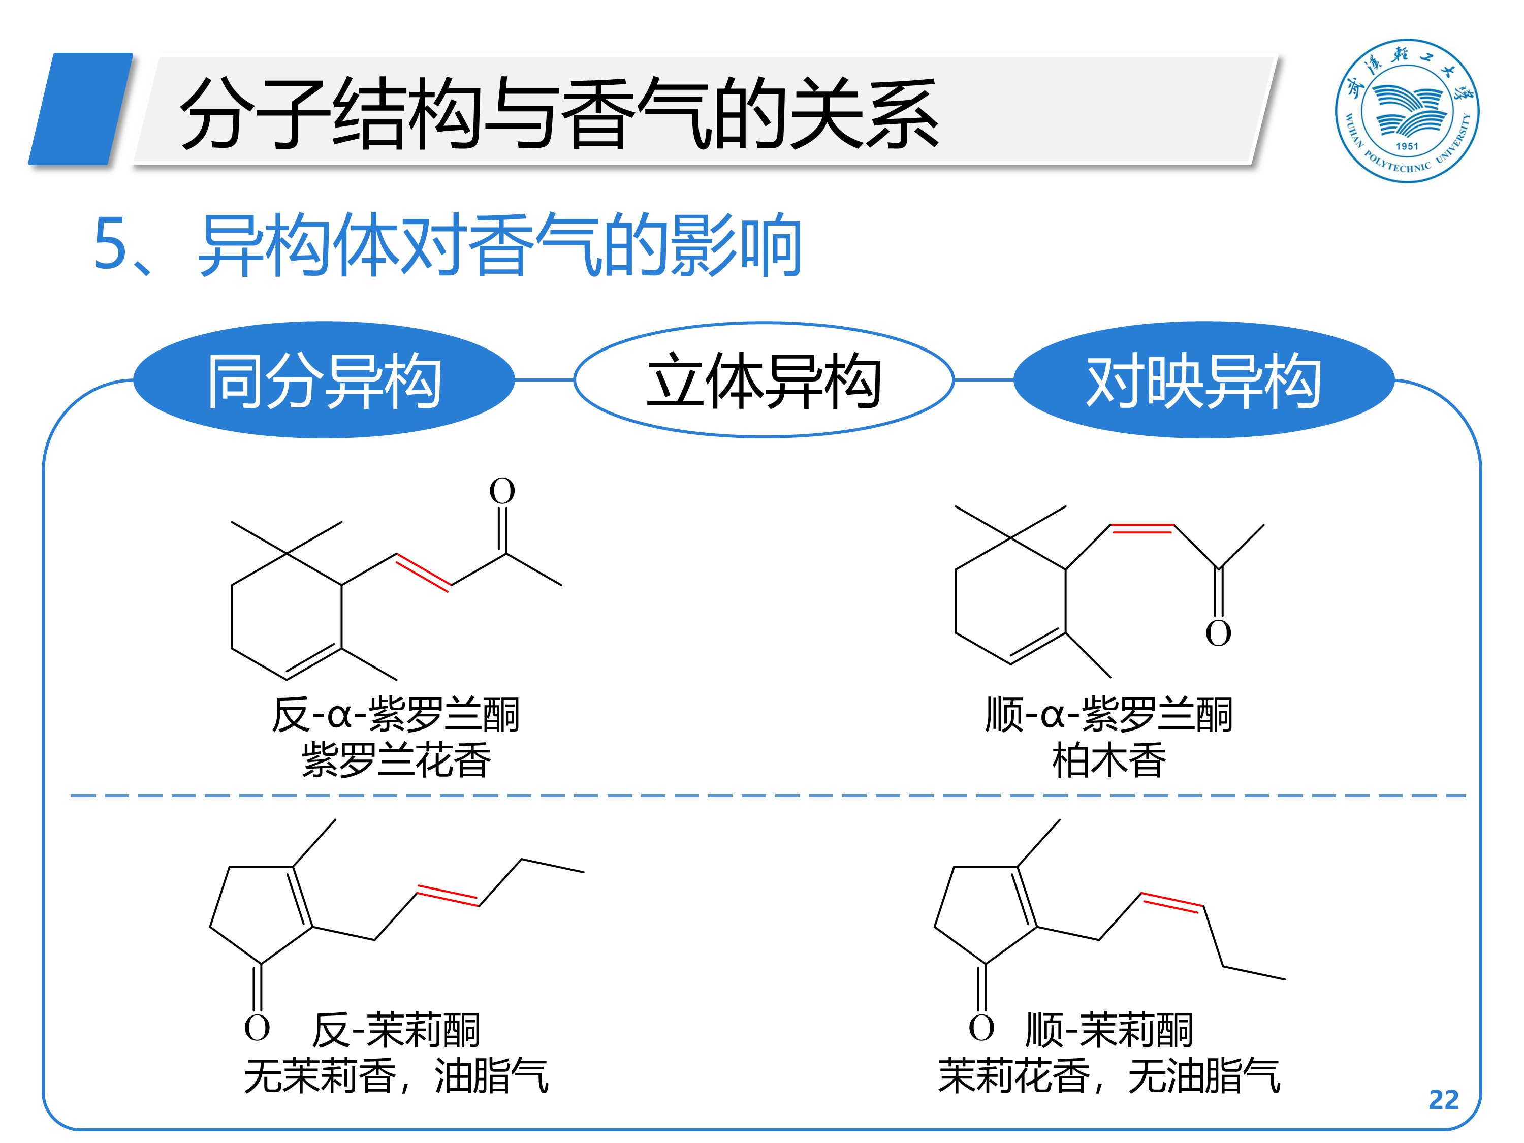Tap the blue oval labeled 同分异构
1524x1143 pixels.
click(324, 379)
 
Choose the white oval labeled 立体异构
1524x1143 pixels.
click(764, 379)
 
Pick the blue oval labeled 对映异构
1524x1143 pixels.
click(1203, 379)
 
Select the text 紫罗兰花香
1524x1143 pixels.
click(396, 760)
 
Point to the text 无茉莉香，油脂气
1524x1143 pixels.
click(396, 1075)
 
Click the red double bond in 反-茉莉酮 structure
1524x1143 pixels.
click(448, 895)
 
